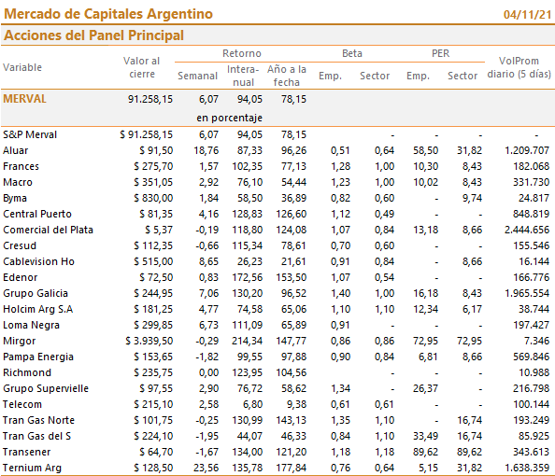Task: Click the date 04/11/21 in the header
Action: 527,15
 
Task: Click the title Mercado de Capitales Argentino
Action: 108,14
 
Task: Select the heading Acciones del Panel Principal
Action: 93,35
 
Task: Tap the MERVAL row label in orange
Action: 25,99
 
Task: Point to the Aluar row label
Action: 16,150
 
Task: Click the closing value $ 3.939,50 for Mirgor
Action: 149,341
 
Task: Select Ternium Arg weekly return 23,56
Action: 206,468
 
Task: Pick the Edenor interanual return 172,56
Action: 247,277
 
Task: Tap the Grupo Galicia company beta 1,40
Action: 340,293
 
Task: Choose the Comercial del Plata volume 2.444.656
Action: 527,230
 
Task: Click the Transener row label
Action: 26,452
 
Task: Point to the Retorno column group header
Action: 242,53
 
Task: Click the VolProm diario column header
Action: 519,67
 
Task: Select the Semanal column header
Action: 197,76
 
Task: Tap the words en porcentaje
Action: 229,118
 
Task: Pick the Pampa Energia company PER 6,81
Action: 428,357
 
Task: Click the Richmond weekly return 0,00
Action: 209,372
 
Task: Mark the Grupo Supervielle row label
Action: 46,388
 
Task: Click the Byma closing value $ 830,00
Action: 153,198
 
